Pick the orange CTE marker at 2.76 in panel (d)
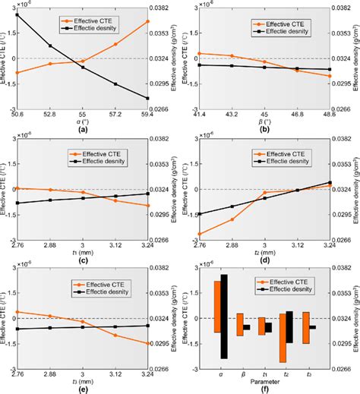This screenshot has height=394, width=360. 200,234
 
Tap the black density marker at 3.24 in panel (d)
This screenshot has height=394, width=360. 330,182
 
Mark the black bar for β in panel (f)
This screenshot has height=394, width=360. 246,327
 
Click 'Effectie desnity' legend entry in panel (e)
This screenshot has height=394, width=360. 95,288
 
